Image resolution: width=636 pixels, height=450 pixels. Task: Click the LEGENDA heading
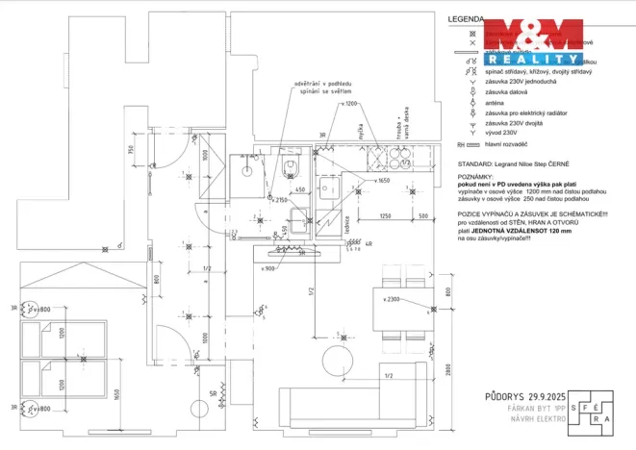pos(467,19)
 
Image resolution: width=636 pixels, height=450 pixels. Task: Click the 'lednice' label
pos(345,223)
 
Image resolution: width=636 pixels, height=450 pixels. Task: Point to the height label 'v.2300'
pos(391,300)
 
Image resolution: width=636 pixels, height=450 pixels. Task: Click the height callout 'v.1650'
pos(384,181)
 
